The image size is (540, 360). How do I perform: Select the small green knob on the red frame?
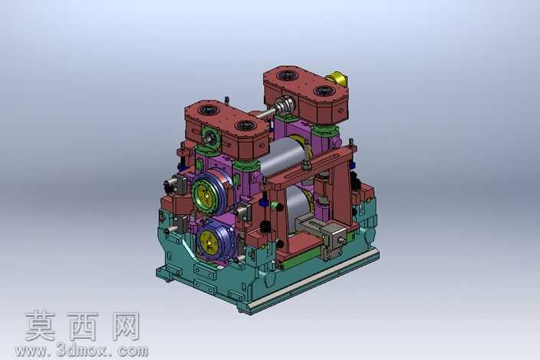(x=276, y=206)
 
